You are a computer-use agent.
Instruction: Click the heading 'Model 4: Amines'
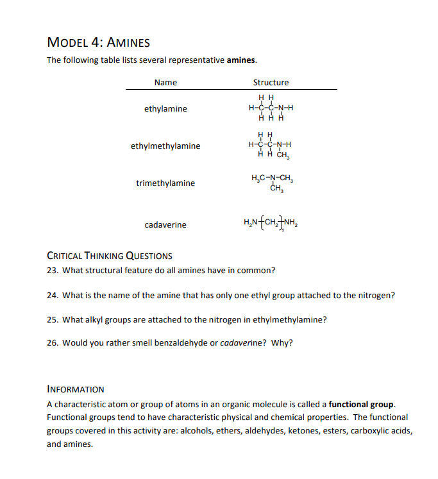point(99,43)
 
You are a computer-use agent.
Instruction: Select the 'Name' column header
point(165,82)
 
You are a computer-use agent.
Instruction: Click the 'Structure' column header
point(271,82)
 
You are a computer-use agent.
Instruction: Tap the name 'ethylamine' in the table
point(165,109)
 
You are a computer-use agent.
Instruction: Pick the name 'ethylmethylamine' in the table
point(165,146)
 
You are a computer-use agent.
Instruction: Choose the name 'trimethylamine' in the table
point(165,183)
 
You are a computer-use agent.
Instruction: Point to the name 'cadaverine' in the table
point(165,225)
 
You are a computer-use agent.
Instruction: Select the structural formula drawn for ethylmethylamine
point(270,145)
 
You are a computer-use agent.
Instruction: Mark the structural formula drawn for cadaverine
point(272,224)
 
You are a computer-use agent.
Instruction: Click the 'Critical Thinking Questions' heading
point(110,256)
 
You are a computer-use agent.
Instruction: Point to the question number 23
point(53,270)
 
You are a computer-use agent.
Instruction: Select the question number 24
point(53,296)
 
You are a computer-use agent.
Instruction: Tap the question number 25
point(53,319)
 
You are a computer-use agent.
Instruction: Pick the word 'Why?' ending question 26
point(282,342)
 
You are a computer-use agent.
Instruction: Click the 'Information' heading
point(76,389)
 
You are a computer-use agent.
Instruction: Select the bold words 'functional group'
point(362,405)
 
